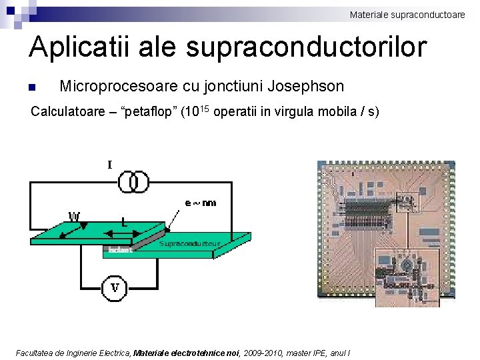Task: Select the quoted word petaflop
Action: click(x=151, y=111)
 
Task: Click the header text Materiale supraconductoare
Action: click(x=407, y=14)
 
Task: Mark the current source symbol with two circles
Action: click(x=133, y=181)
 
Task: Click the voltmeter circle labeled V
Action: click(x=115, y=288)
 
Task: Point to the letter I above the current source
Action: click(x=110, y=164)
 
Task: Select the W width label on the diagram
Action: click(x=74, y=216)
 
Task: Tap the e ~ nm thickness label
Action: click(x=200, y=203)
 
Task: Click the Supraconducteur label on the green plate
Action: click(x=190, y=244)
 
